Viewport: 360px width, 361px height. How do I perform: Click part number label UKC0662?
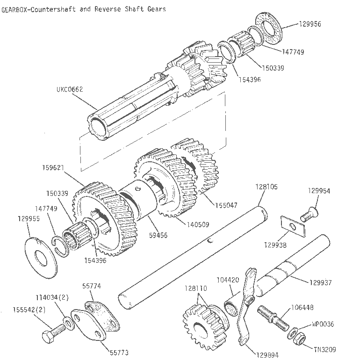(71, 89)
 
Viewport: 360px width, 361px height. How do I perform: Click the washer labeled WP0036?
(295, 333)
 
